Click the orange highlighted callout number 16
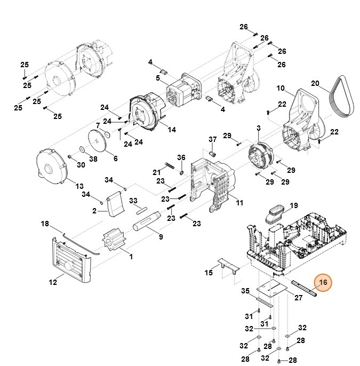coord(323,283)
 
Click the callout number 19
coord(293,205)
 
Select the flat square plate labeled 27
coord(274,289)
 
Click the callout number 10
coord(281,88)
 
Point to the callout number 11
coord(239,203)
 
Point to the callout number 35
coord(245,291)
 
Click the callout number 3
coord(258,128)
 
